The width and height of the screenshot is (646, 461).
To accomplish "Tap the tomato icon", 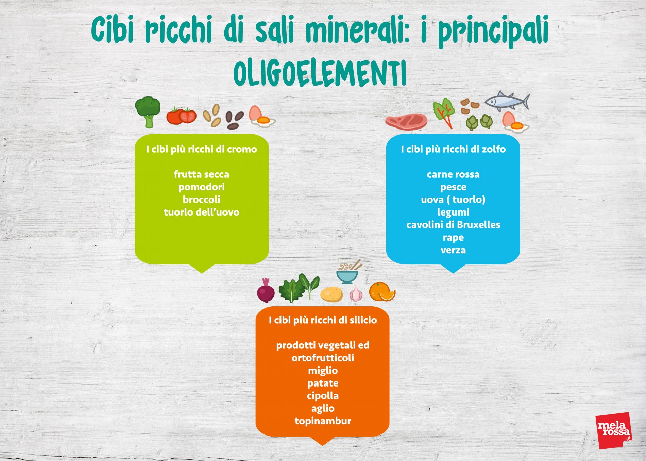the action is tap(182, 116).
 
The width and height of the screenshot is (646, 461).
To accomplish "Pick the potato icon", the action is tap(331, 294).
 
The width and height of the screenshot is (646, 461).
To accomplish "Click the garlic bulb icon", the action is tap(356, 293).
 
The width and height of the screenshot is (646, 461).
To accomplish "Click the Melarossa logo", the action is tap(614, 430).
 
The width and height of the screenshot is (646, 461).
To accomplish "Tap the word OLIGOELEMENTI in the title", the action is tap(320, 74).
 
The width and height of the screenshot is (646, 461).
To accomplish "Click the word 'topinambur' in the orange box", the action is tap(323, 421).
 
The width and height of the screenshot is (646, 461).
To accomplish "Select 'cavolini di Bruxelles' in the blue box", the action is tap(453, 225).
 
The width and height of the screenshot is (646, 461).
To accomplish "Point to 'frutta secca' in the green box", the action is tap(202, 174).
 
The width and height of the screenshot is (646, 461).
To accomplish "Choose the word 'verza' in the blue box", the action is tap(453, 250).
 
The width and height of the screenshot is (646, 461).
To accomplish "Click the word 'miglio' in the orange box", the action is tap(323, 371).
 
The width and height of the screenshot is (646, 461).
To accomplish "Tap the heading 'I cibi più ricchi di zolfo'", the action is tap(453, 149).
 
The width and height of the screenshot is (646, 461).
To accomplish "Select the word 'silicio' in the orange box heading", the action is tap(363, 320).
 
